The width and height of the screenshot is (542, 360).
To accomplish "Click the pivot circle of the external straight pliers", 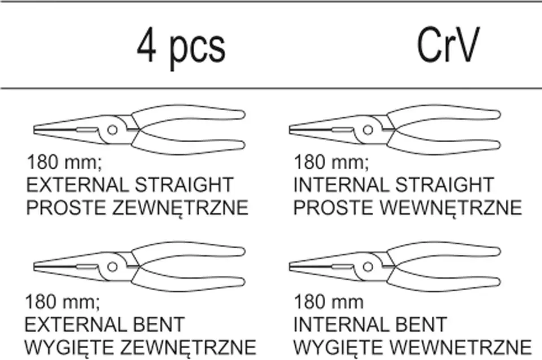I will [x=112, y=130].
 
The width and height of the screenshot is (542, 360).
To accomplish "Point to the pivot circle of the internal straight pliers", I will [x=368, y=130].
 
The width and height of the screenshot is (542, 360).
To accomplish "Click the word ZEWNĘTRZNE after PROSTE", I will [x=181, y=208].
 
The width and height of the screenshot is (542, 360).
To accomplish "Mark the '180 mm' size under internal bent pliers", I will [x=327, y=302].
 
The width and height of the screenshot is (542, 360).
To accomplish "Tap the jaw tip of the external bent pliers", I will [x=37, y=264].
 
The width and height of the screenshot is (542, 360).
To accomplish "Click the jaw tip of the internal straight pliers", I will [x=292, y=130].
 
